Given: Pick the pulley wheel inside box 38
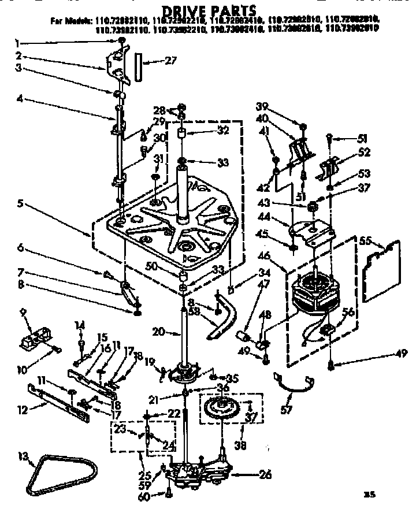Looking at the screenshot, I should pos(222,409).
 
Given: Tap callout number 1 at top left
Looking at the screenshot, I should pos(18,42).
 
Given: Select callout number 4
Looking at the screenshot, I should pos(19,98).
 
